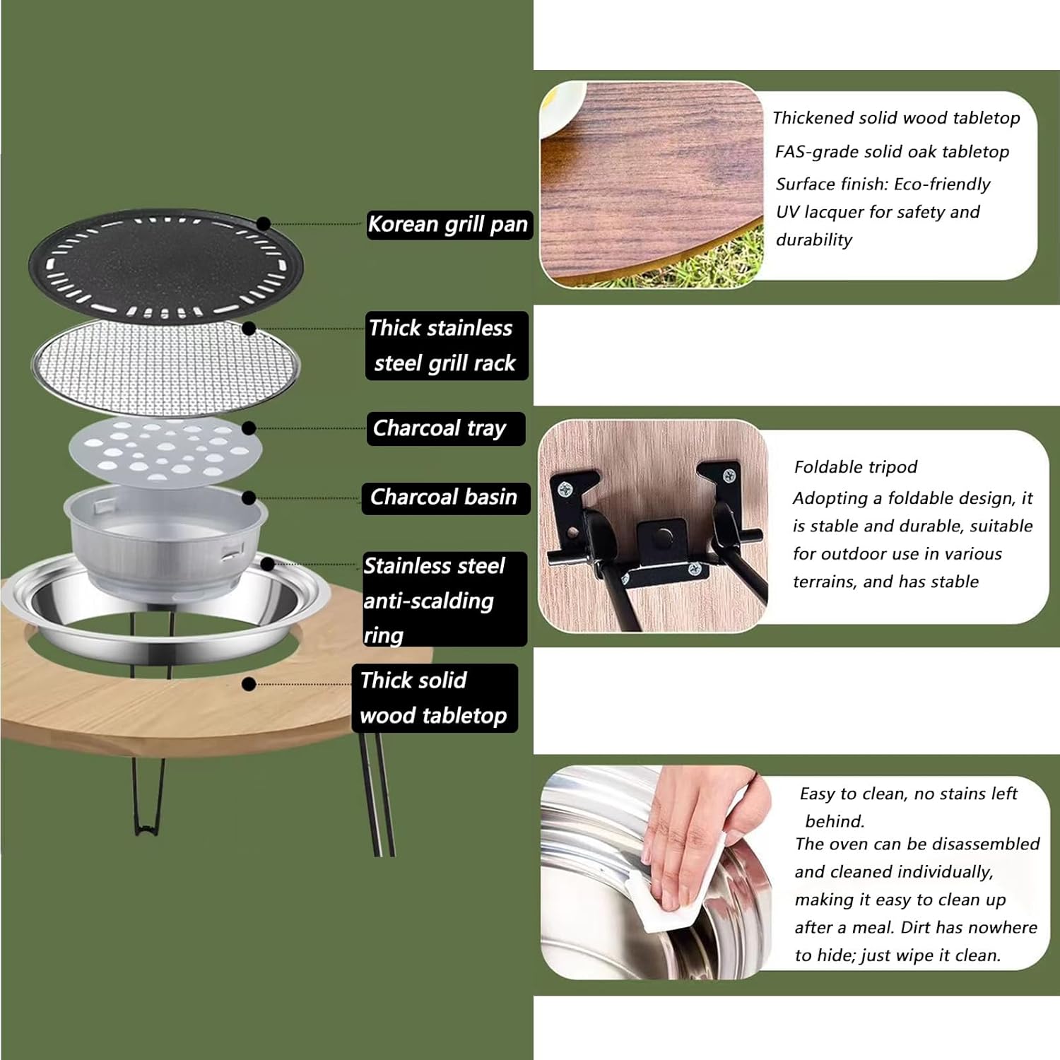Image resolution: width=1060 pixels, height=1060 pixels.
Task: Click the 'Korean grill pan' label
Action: coord(448,225)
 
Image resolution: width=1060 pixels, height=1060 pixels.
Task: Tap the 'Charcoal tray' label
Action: coord(444,428)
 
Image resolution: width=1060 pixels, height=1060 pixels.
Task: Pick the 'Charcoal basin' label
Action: coord(445,497)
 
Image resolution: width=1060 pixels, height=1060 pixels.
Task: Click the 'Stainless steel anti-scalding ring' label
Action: coord(443,600)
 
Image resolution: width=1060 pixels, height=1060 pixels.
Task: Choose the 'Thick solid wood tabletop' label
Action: coord(434,698)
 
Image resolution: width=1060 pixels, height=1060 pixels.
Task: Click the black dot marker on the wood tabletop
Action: coord(249,684)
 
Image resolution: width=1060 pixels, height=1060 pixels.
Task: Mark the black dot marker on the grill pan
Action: coord(263,224)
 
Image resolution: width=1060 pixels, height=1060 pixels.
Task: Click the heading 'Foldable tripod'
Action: coord(855,467)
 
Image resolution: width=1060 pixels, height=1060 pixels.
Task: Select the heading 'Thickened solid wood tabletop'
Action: coord(895,118)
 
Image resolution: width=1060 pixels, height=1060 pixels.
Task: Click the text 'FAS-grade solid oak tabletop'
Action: coord(892,152)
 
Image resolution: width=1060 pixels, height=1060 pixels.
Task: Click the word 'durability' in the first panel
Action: coord(814,240)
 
